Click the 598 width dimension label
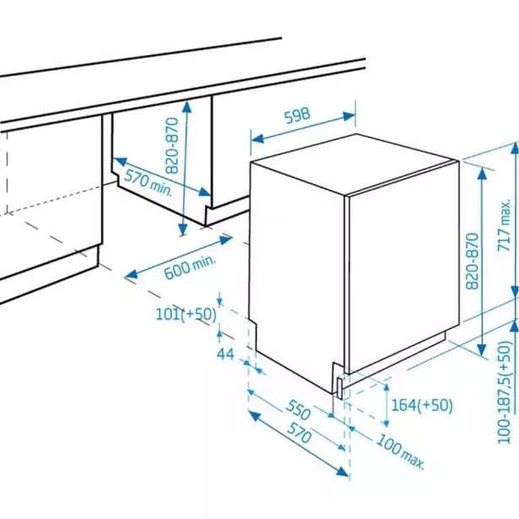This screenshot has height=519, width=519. [297, 116]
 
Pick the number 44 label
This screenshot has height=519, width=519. [224, 354]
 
